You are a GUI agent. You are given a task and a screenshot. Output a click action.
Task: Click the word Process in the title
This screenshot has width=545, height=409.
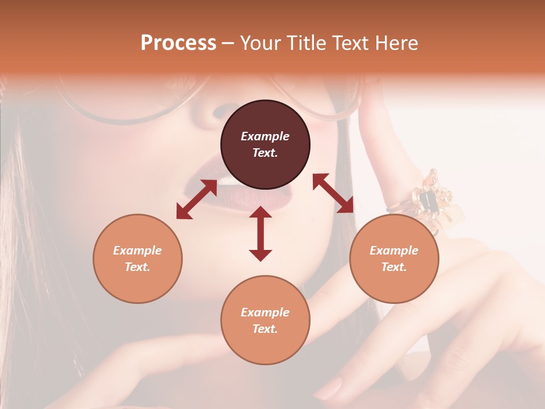pos(178,43)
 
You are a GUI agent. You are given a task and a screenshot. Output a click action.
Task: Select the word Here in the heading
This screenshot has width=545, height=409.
pos(395,43)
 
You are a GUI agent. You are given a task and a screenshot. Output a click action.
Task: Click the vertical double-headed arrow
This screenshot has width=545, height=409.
pos(261,233)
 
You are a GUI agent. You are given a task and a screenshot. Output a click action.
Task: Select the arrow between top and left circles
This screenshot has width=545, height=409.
pos(196,199)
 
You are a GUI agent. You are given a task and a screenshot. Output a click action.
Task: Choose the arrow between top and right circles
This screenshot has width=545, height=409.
pos(333,193)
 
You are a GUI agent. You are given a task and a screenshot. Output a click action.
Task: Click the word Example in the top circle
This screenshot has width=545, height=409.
pos(265,136)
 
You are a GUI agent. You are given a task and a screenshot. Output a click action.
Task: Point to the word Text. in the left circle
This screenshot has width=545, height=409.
pos(137,267)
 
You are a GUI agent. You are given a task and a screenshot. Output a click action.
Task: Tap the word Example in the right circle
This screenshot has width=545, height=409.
pos(394,251)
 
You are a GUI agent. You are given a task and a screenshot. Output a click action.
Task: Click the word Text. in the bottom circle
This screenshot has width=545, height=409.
pos(265,329)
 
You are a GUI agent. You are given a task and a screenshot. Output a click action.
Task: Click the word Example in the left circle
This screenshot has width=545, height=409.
pos(137,251)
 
